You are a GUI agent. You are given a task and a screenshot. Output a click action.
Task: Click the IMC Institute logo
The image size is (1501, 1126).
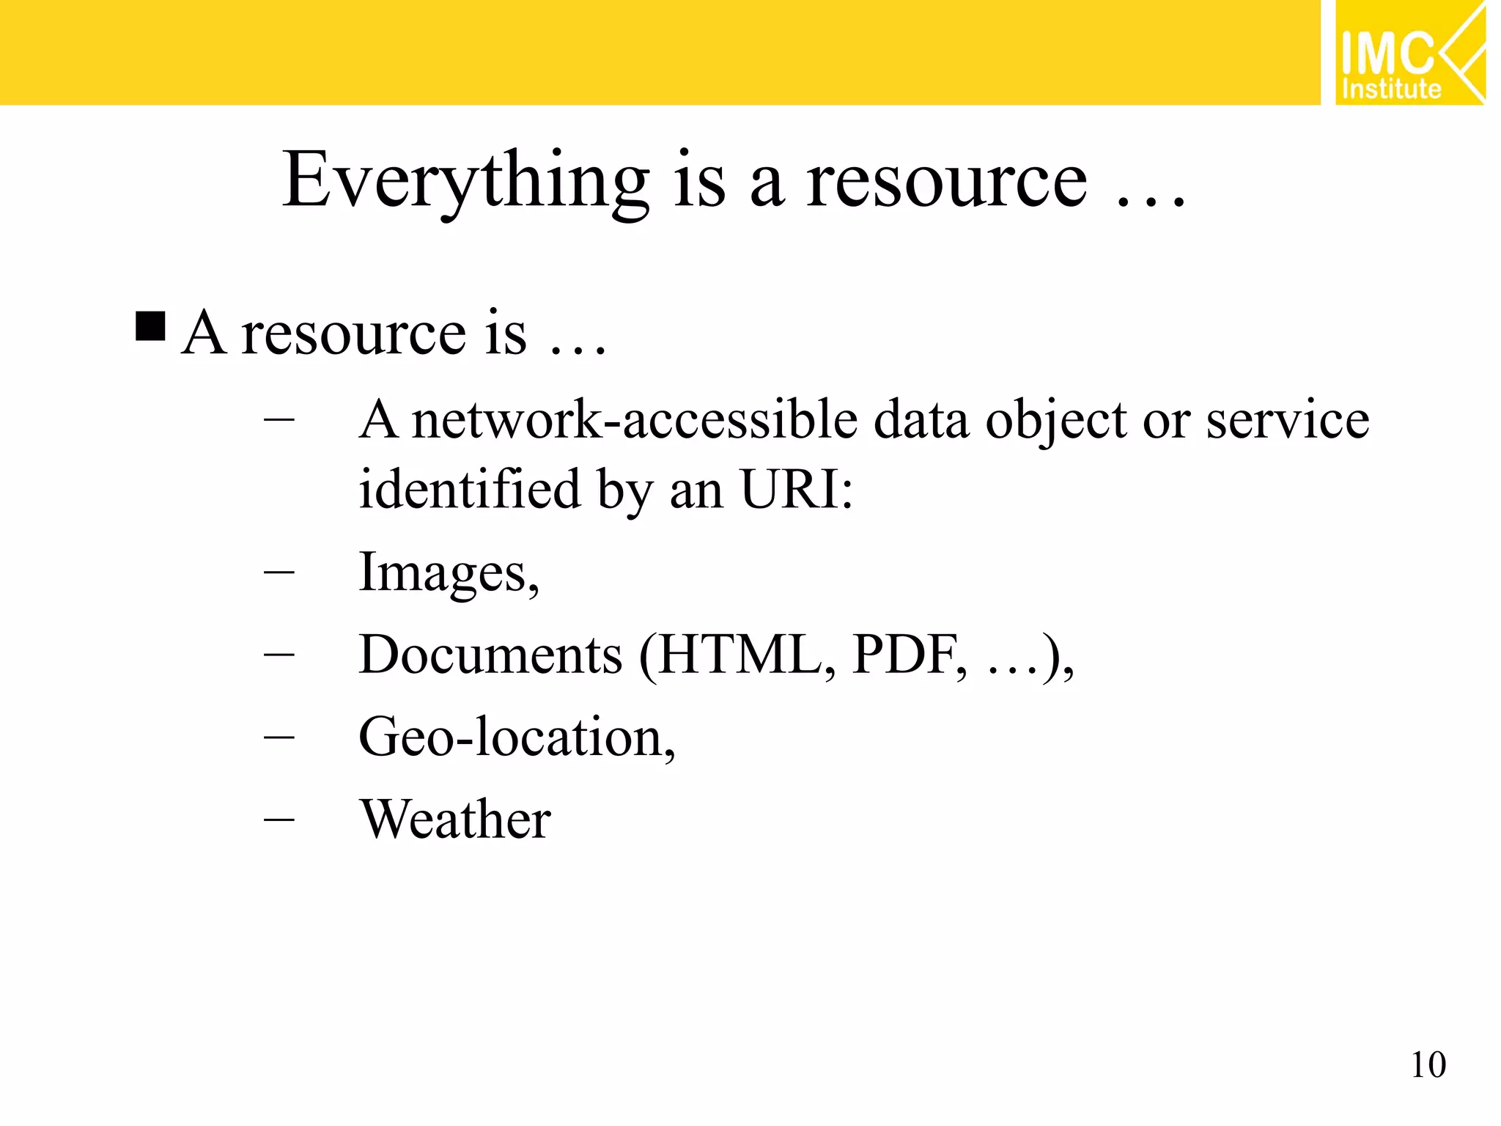[x=1409, y=53]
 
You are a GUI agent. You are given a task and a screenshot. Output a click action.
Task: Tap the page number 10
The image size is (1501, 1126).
[x=1428, y=1065]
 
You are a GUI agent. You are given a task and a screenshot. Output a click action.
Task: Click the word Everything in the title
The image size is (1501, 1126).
[x=466, y=181]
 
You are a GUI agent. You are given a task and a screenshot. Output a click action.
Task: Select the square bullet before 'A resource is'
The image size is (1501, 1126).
[x=151, y=327]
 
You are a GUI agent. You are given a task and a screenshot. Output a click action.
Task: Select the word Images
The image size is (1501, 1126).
[x=444, y=573]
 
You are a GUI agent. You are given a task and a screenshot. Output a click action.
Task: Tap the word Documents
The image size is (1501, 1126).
[x=491, y=655]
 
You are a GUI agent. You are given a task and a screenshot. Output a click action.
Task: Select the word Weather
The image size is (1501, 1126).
[x=455, y=820]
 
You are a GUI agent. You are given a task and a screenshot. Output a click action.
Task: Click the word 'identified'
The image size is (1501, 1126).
[x=470, y=489]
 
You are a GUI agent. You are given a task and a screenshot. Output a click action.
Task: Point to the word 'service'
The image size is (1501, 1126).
[x=1287, y=421]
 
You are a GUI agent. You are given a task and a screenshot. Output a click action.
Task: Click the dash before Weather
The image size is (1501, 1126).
[x=279, y=820]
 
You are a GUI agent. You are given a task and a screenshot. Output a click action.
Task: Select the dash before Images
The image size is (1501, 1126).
[x=279, y=572]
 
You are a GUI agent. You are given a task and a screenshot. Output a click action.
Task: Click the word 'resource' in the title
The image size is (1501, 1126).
[x=946, y=183]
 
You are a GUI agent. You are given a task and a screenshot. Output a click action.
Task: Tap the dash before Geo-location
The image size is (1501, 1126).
[x=279, y=737]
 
